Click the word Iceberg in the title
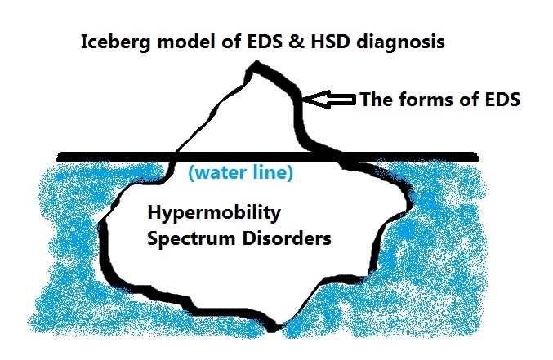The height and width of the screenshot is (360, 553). (116, 42)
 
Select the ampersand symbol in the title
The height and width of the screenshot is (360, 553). (297, 42)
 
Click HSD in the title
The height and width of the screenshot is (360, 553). (331, 42)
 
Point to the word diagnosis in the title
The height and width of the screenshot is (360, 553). (400, 42)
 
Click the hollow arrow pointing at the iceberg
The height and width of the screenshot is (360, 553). (329, 99)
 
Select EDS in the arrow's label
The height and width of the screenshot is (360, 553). (502, 100)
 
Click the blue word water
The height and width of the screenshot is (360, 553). (220, 172)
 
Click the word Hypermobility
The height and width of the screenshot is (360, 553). (214, 213)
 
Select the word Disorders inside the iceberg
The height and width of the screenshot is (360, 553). (287, 238)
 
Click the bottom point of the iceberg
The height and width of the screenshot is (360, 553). (274, 331)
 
